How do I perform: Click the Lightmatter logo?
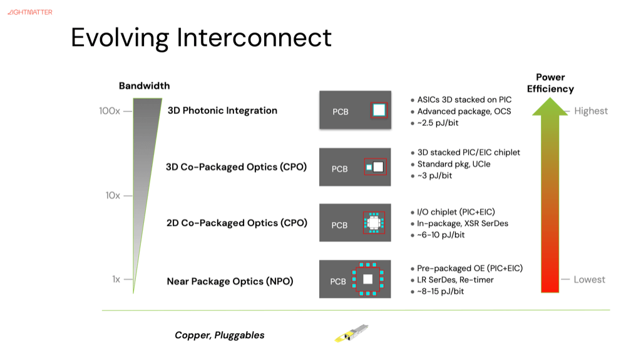click(x=30, y=12)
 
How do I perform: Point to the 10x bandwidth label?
click(x=113, y=195)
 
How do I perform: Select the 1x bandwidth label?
click(x=116, y=280)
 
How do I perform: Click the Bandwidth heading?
click(x=144, y=86)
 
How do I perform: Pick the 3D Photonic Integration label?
click(x=222, y=111)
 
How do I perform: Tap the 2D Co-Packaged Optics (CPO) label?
click(x=237, y=223)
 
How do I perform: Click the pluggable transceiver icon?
click(x=351, y=333)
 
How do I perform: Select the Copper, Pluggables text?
click(x=219, y=336)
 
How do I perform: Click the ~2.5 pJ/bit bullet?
click(x=438, y=123)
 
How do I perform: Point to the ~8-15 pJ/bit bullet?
click(x=441, y=291)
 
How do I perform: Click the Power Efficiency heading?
click(x=550, y=83)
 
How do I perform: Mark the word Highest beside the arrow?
click(x=591, y=111)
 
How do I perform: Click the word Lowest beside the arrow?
click(x=590, y=279)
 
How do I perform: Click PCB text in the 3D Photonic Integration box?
click(x=341, y=112)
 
